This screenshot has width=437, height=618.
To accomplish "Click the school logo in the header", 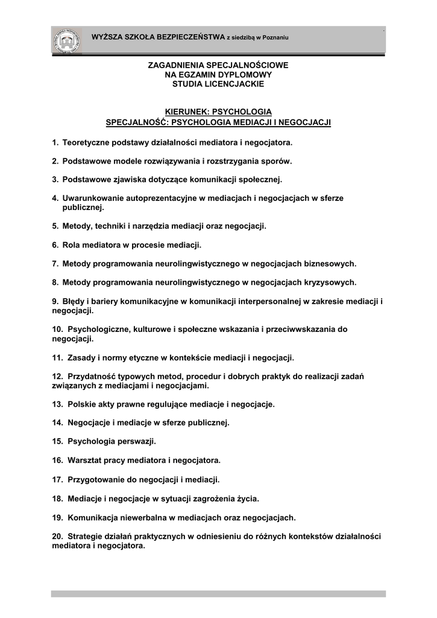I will [x=66, y=40].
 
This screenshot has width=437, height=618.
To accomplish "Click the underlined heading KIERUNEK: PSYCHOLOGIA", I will [x=218, y=112].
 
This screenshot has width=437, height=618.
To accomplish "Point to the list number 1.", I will [x=54, y=143].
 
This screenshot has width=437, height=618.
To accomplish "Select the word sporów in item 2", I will [x=275, y=161].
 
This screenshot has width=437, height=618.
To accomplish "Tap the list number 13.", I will [x=57, y=404].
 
